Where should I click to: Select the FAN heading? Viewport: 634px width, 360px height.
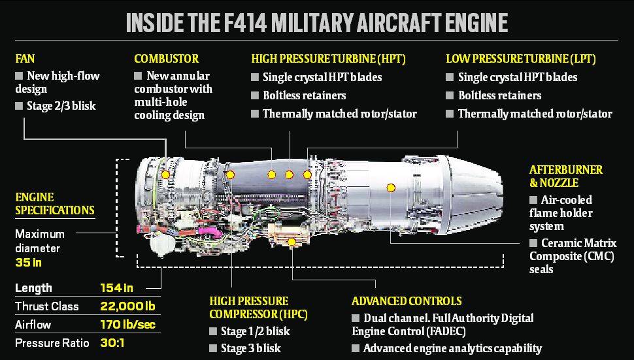tap(25, 59)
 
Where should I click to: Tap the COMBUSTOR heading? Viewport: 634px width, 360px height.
tap(166, 59)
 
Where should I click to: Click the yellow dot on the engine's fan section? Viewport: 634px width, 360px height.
tap(165, 174)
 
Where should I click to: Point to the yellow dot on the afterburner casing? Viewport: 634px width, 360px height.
tap(391, 188)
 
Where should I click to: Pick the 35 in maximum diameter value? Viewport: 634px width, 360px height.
tap(29, 263)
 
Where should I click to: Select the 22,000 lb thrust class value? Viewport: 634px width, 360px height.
tap(129, 306)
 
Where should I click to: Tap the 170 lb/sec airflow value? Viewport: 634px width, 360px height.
tap(128, 325)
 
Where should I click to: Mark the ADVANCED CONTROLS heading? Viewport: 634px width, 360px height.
tap(407, 301)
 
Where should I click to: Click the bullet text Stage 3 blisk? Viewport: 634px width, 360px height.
tap(251, 348)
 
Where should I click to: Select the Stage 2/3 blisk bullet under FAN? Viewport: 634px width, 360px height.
tap(61, 106)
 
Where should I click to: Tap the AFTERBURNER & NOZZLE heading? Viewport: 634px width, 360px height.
tap(566, 176)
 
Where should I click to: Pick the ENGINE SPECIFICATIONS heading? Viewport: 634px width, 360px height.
tap(54, 203)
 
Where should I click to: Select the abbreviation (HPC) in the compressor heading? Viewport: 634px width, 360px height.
tap(291, 314)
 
